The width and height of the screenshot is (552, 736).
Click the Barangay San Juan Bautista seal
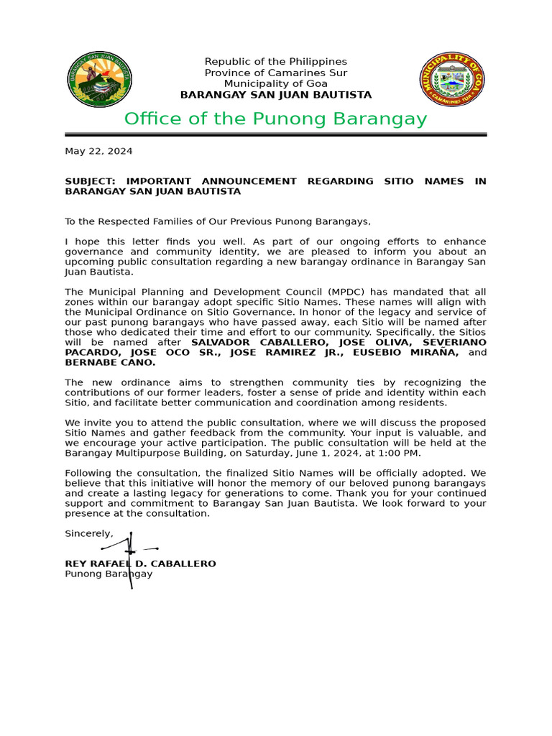(99, 79)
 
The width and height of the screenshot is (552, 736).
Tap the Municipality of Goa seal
(452, 79)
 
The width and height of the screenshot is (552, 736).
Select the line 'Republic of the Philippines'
(275, 62)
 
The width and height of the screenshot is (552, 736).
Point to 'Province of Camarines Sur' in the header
(275, 73)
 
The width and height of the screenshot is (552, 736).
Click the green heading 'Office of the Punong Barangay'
(275, 119)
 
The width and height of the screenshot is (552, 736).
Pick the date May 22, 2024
(98, 151)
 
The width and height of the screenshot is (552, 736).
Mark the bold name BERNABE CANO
(110, 362)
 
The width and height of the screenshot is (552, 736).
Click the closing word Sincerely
(88, 533)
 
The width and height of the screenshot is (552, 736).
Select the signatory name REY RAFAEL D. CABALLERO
(140, 563)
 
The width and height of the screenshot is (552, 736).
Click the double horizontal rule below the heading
(275, 134)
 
